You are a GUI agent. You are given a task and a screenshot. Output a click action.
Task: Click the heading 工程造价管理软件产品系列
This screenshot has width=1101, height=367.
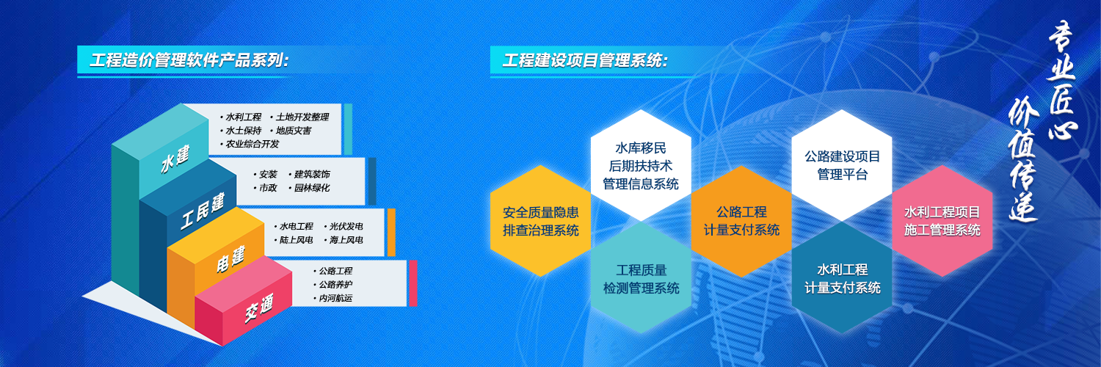[189, 60]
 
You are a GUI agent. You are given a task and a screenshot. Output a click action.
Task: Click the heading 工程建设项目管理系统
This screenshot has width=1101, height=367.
[585, 60]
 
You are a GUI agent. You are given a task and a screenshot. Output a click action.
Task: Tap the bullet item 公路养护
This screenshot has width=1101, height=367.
[333, 285]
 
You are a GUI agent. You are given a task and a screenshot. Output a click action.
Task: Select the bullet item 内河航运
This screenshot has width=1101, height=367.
[333, 298]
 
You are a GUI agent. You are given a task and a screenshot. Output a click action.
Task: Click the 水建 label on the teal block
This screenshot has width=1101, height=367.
[175, 159]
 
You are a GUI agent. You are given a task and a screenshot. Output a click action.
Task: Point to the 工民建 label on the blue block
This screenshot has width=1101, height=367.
[203, 211]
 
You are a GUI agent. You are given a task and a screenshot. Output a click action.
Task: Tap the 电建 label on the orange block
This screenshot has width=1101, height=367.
[230, 259]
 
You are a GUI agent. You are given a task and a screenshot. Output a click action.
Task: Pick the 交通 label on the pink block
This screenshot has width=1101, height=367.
[259, 308]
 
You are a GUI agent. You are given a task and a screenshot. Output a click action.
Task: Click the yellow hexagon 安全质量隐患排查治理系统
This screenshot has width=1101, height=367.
[541, 221]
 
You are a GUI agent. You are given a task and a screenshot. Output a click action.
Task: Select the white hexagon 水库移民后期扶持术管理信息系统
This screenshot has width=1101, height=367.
[641, 166]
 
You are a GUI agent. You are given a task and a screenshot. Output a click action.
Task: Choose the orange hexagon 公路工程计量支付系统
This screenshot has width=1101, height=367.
[741, 221]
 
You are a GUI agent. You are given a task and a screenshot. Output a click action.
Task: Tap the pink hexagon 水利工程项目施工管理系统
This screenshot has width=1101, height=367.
[942, 221]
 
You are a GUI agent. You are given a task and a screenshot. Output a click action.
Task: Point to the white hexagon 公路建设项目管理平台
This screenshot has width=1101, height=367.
[842, 166]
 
